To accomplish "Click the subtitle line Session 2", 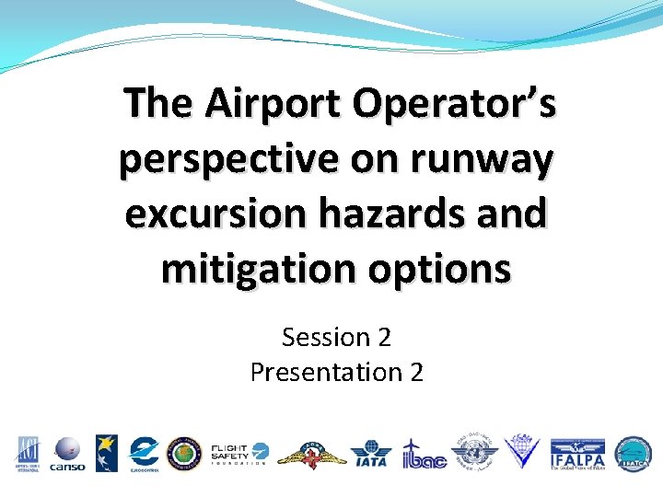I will coord(336,338).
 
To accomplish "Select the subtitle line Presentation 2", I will coord(336,372).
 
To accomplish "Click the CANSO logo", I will coord(67,454).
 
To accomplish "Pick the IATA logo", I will coord(370,454).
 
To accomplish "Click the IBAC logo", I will coord(424,454).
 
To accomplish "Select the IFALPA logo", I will coord(576,454).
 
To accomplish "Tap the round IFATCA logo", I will coord(634,454).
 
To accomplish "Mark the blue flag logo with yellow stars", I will coord(107,454).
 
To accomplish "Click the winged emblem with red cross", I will coord(311,454).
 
